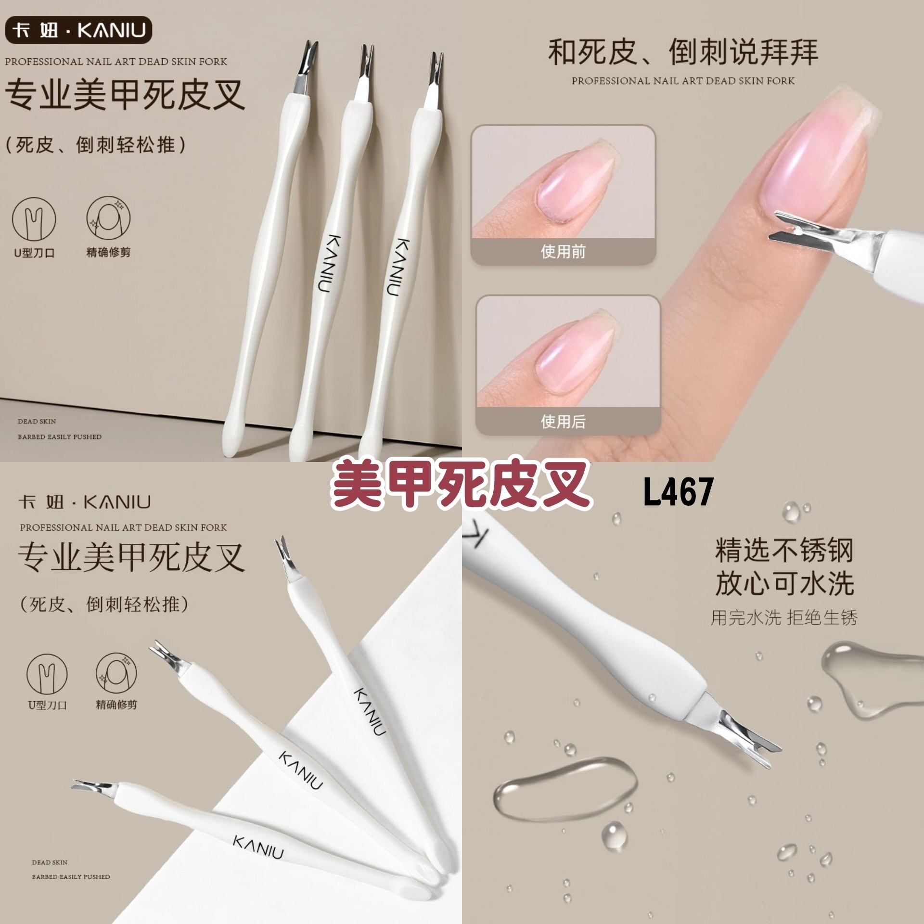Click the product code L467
pyautogui.click(x=679, y=491)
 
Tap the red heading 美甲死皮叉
pyautogui.click(x=461, y=484)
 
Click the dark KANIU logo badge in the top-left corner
pyautogui.click(x=79, y=30)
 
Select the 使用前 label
pyautogui.click(x=563, y=251)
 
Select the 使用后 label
pyautogui.click(x=563, y=422)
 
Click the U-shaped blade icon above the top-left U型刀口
pyautogui.click(x=34, y=220)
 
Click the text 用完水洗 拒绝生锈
pyautogui.click(x=784, y=617)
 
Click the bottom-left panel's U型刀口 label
pyautogui.click(x=47, y=705)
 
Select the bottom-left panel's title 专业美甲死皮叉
pyautogui.click(x=131, y=558)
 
